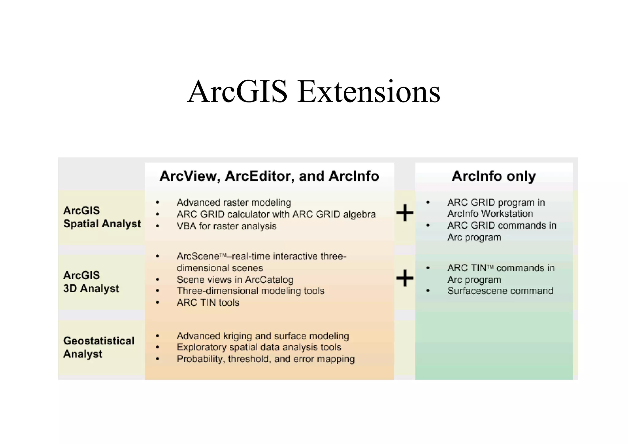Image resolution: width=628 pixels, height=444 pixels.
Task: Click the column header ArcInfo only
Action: point(493,176)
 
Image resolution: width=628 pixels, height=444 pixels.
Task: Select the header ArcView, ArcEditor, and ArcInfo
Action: point(269,176)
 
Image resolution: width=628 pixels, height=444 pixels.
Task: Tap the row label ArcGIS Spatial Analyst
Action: point(102,217)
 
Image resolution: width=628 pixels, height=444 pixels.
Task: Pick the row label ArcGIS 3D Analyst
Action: point(91,282)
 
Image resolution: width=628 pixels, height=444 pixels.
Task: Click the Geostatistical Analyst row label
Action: point(98,347)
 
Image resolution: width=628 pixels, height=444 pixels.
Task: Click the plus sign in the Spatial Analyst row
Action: point(405,212)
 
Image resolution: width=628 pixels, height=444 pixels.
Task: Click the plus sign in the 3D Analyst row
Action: point(405,278)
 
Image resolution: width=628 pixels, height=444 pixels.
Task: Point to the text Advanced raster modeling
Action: point(234,203)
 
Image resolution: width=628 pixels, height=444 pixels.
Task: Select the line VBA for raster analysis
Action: point(226,226)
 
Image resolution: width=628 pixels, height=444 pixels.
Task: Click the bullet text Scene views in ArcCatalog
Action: point(235,280)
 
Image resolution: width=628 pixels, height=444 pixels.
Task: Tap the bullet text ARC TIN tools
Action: point(208,303)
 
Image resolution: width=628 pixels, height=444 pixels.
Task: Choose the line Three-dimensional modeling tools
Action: point(250,291)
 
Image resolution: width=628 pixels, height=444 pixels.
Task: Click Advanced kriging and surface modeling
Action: point(263,336)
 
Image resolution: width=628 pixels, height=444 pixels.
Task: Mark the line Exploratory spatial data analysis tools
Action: point(259,347)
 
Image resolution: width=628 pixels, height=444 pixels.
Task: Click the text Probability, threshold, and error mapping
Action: point(266,359)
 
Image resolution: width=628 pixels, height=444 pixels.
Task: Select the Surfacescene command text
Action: point(500,291)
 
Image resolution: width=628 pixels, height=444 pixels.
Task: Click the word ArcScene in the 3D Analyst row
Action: point(198,256)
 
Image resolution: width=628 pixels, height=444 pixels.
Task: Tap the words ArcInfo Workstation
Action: point(490,214)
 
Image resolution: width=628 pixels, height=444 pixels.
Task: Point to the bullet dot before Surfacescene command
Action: point(428,291)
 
